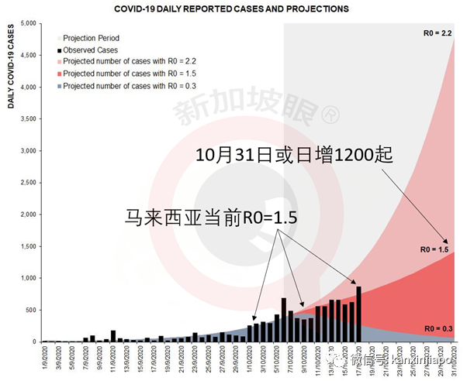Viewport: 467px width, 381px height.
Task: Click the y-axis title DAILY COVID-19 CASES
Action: pos(12,67)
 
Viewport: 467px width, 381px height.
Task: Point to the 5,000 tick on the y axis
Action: pos(27,24)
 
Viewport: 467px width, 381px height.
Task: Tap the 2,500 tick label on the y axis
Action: pos(27,183)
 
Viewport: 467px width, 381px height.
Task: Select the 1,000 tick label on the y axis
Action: pos(27,278)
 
